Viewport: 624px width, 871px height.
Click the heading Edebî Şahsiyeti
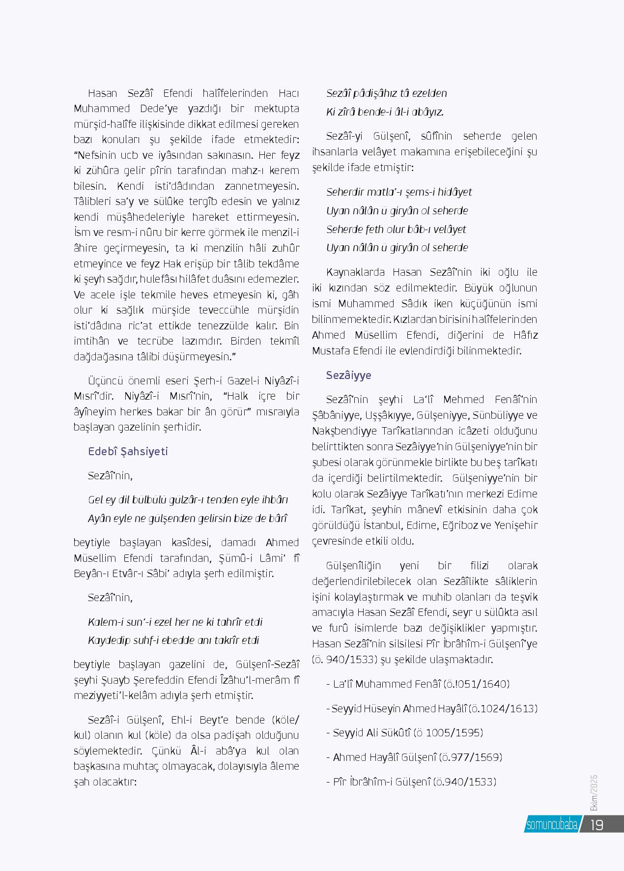coord(128,451)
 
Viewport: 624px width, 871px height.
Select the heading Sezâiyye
coord(348,376)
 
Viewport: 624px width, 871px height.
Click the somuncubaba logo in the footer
coord(552,825)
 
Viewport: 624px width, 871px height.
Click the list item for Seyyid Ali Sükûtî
coord(404,732)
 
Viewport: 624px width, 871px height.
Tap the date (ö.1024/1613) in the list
coord(503,708)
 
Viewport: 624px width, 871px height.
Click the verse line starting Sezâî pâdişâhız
coord(386,93)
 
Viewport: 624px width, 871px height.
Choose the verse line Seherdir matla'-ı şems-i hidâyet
coord(399,192)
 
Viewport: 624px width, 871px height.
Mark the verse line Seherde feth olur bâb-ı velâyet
coord(396,229)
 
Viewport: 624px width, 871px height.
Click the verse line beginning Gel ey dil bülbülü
coord(188,500)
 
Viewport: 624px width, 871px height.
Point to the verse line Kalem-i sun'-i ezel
coord(175,622)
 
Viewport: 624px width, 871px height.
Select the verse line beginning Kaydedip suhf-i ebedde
coord(173,640)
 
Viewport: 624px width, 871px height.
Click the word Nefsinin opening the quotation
coord(96,155)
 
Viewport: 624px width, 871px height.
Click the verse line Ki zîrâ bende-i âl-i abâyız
coord(385,112)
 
